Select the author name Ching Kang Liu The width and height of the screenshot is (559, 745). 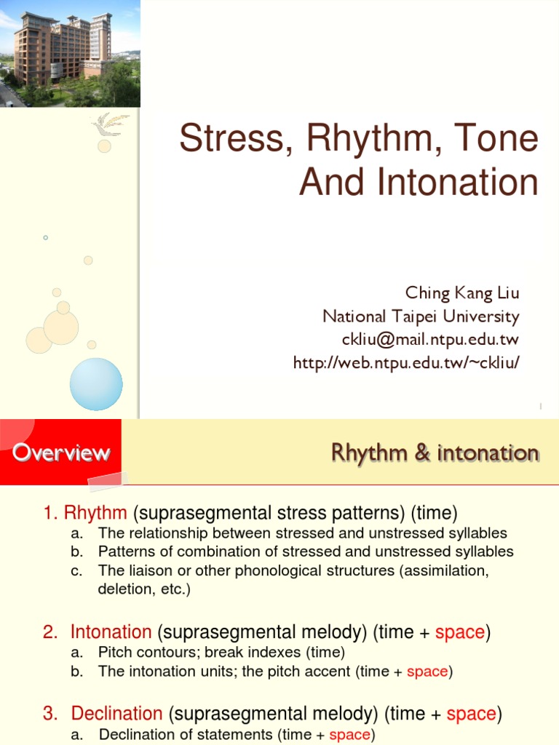point(462,295)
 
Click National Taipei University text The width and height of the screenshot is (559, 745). point(421,317)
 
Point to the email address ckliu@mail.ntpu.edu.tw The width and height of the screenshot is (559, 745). point(430,340)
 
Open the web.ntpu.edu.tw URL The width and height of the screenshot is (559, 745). point(406,362)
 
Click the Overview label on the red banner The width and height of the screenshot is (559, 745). point(61,453)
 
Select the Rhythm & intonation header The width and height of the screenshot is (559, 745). point(435,453)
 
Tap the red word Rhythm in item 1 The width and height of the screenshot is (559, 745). point(95,513)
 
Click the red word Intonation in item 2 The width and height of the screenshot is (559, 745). point(111,632)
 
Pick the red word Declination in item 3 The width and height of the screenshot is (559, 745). point(116,714)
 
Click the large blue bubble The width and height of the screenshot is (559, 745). point(96,383)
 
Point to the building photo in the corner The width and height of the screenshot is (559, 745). point(70,53)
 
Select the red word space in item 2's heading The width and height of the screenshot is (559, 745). point(460,632)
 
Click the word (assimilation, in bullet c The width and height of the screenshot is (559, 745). point(444,570)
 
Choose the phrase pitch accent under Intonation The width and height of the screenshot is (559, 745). point(315,672)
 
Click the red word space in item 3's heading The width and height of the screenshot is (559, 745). point(471,714)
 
